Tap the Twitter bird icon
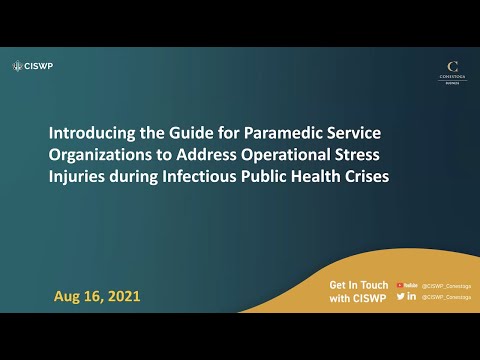(400, 297)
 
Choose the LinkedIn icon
(412, 297)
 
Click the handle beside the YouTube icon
(446, 285)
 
